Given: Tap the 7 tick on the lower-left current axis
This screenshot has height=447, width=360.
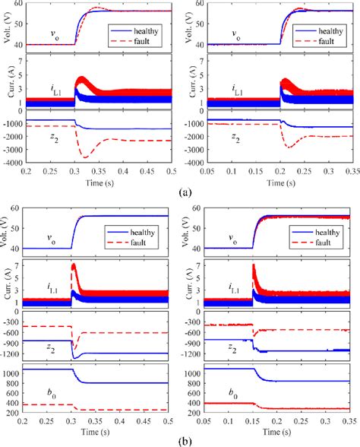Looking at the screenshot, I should pos(19,267).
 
